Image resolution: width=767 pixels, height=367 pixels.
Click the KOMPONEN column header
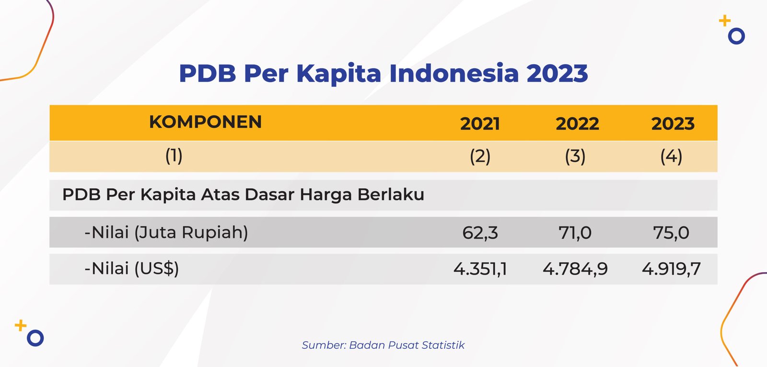pyautogui.click(x=206, y=122)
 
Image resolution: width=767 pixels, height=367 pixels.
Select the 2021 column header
pyautogui.click(x=480, y=124)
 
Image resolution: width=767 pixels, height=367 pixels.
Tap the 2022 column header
pyautogui.click(x=577, y=124)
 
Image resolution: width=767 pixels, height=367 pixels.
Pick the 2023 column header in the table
pyautogui.click(x=673, y=124)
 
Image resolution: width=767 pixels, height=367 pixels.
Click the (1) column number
pyautogui.click(x=174, y=156)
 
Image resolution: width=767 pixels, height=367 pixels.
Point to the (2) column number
pyautogui.click(x=480, y=157)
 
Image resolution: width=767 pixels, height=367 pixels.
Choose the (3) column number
pyautogui.click(x=575, y=157)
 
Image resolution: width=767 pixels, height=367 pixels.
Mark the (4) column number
pyautogui.click(x=671, y=157)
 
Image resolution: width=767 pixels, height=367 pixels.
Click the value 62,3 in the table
pyautogui.click(x=480, y=233)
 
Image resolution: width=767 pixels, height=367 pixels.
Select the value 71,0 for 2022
pyautogui.click(x=575, y=233)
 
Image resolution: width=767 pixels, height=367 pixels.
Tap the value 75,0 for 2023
pyautogui.click(x=671, y=233)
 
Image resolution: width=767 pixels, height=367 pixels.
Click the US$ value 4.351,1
pyautogui.click(x=480, y=269)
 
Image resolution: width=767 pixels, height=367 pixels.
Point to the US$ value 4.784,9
pyautogui.click(x=575, y=269)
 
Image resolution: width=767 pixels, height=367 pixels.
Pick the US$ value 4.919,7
pyautogui.click(x=671, y=269)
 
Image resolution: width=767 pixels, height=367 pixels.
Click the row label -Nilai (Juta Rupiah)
pyautogui.click(x=166, y=233)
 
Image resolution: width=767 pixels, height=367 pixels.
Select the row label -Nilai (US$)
pyautogui.click(x=131, y=268)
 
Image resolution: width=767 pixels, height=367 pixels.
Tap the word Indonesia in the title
pyautogui.click(x=454, y=73)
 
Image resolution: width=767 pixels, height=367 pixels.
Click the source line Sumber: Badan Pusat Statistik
pyautogui.click(x=383, y=345)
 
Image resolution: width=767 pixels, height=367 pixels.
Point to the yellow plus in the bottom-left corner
pyautogui.click(x=21, y=325)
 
